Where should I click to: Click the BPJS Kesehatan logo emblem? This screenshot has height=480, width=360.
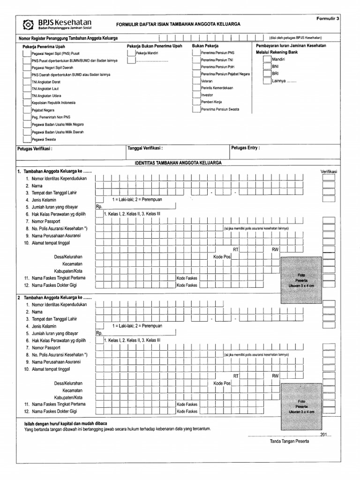[29, 24]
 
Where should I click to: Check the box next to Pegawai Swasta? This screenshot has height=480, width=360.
[26, 139]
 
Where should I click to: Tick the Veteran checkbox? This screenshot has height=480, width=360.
[196, 81]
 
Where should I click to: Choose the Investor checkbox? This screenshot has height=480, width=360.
[196, 95]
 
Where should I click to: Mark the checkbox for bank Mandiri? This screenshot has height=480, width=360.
[266, 60]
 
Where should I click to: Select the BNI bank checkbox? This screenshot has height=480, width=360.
[266, 67]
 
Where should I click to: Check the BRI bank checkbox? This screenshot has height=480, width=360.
[266, 74]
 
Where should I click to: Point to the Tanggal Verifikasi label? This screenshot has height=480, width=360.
[145, 148]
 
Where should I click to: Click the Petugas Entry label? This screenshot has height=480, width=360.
[245, 148]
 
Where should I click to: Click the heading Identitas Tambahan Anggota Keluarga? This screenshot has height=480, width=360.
[178, 163]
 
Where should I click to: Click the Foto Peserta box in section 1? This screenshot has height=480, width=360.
[301, 280]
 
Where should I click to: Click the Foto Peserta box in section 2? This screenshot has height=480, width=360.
[301, 405]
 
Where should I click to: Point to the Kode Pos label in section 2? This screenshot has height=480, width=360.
[222, 383]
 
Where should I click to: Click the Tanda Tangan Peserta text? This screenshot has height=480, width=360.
[289, 442]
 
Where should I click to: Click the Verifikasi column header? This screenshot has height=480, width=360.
[332, 171]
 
